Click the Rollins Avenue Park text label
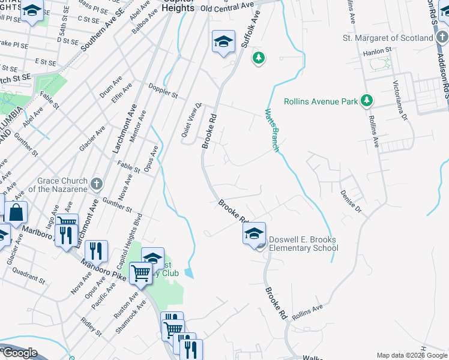tap(320, 100)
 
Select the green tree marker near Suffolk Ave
tap(259, 58)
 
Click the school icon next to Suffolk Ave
tap(223, 41)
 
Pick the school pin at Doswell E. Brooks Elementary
tap(254, 233)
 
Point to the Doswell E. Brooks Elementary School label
tap(303, 244)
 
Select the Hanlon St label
tap(381, 53)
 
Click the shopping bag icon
tap(16, 212)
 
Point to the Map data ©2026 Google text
tap(411, 355)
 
